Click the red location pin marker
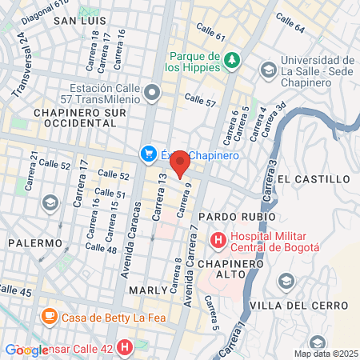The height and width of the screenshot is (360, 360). pos(180,162)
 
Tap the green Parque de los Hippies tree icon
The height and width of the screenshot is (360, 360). pos(232,60)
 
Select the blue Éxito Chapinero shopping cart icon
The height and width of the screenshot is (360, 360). pos(148,155)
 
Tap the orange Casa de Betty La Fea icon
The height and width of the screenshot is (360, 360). pos(49,316)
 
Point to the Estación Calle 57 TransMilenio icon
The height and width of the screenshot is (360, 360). pos(154,95)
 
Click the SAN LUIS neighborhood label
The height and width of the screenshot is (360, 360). pos(79,21)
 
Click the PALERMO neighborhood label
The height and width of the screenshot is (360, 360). pos(35,242)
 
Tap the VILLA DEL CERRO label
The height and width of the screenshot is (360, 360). pos(299,306)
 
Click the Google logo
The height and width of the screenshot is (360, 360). pos(26,350)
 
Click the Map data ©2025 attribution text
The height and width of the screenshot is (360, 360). pos(325,354)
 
